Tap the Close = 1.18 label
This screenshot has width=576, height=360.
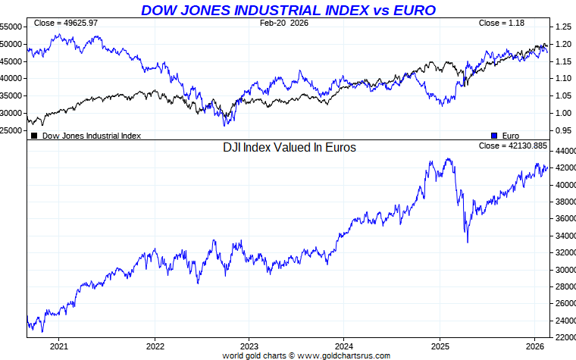pyautogui.click(x=502, y=23)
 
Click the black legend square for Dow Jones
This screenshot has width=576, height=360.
pyautogui.click(x=34, y=136)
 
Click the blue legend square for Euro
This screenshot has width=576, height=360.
pyautogui.click(x=493, y=136)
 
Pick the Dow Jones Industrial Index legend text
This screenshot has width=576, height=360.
pyautogui.click(x=91, y=136)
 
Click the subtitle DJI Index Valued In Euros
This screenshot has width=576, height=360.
pyautogui.click(x=289, y=148)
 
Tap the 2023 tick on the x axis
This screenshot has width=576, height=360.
pyautogui.click(x=249, y=346)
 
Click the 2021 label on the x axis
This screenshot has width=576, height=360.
pyautogui.click(x=59, y=346)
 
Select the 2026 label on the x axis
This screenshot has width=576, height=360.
pyautogui.click(x=534, y=346)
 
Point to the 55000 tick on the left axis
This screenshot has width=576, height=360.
pyautogui.click(x=11, y=26)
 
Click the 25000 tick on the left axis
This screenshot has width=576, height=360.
pyautogui.click(x=11, y=130)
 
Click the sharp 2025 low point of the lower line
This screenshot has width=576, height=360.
pyautogui.click(x=467, y=243)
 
